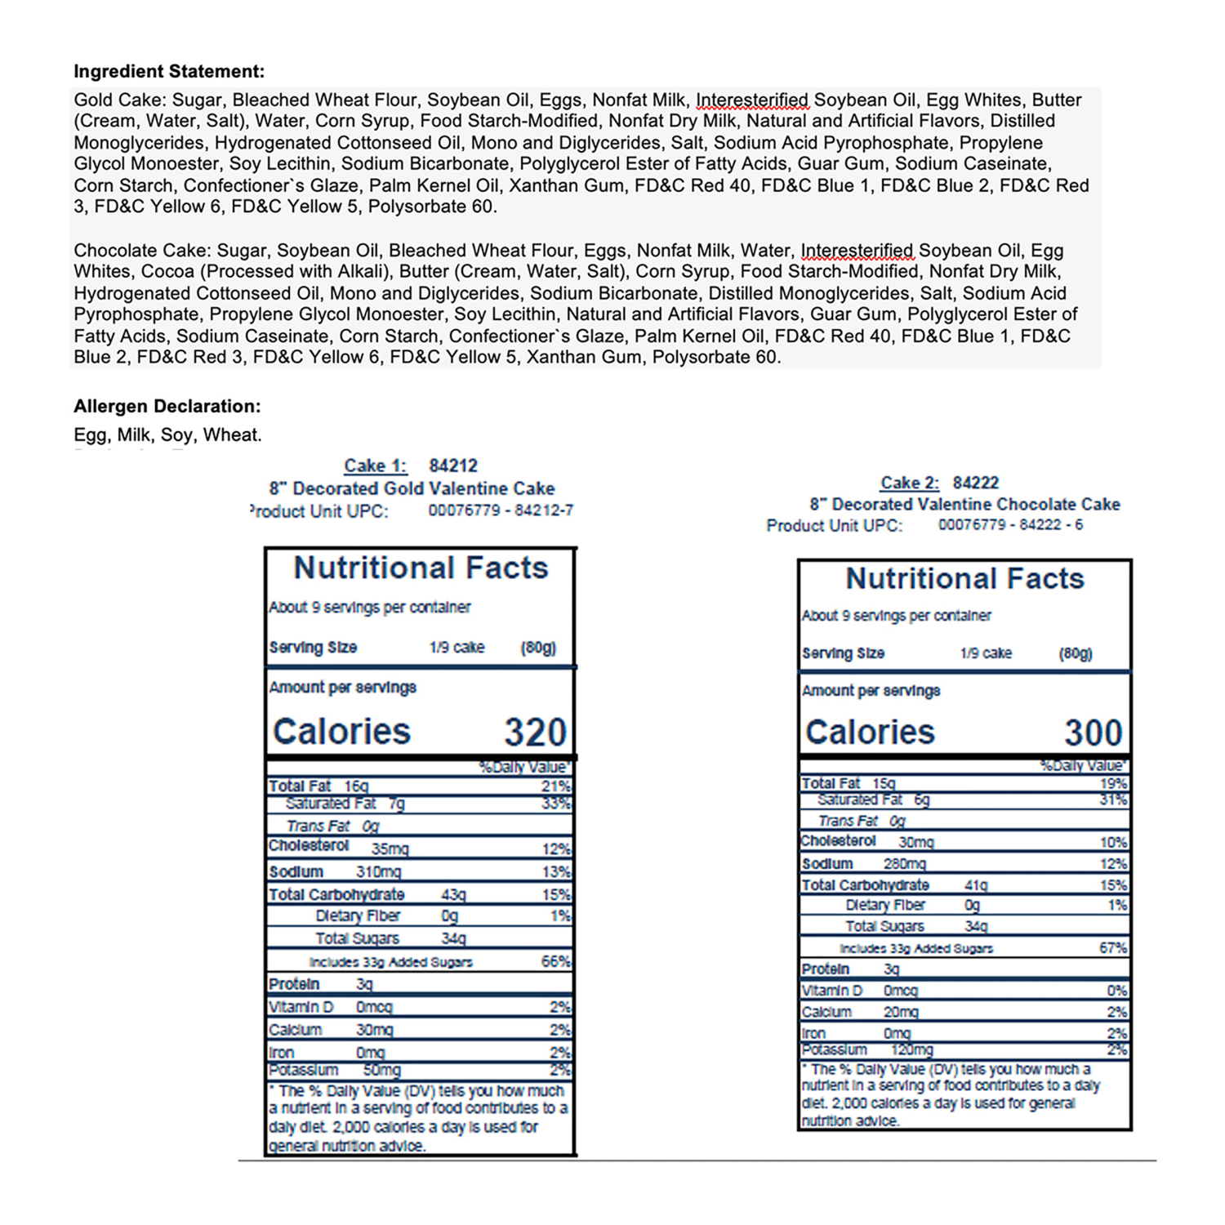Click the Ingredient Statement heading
coord(169,71)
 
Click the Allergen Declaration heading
coord(167,406)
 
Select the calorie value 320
coord(535,732)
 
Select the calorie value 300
coord(1094,733)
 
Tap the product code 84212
coord(453,465)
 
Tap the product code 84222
coord(976,483)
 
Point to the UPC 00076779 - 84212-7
coord(501,510)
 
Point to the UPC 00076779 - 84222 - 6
coord(1010,524)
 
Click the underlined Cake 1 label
coord(375,465)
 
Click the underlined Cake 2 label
coord(910,483)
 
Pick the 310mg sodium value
coord(378,872)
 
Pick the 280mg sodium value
coord(904,864)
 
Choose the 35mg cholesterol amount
coord(390,849)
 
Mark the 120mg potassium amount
coord(911,1050)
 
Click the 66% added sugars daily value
coord(555,961)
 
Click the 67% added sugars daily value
coord(1113,947)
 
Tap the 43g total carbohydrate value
coord(453,895)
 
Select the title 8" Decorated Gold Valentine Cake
coord(412,488)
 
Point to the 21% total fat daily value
coord(555,786)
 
